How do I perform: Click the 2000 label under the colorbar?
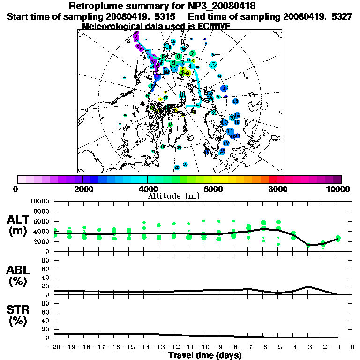click(x=82, y=189)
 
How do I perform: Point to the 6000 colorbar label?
click(x=212, y=189)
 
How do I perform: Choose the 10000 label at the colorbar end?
click(x=338, y=189)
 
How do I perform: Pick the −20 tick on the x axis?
click(x=55, y=348)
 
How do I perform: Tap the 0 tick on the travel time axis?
click(x=352, y=348)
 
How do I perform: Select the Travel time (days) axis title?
click(x=205, y=356)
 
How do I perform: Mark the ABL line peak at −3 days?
click(x=308, y=286)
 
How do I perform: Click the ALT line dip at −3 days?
click(x=308, y=245)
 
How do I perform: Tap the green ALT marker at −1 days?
click(x=337, y=239)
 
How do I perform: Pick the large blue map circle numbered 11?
click(x=230, y=131)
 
